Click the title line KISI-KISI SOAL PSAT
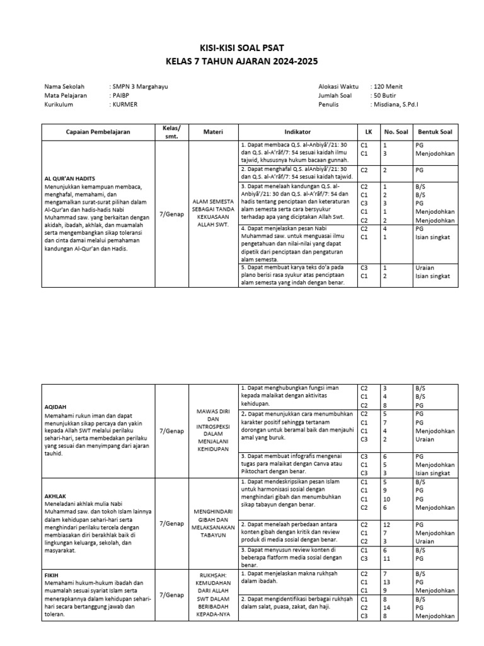tap(242, 48)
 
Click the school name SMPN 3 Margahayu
tap(140, 86)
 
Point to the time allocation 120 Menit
tap(388, 86)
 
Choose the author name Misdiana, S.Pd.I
tap(400, 104)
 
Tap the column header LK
tap(369, 132)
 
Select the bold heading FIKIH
tap(53, 575)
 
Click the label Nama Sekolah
tap(64, 86)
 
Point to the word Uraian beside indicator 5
tap(425, 267)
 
